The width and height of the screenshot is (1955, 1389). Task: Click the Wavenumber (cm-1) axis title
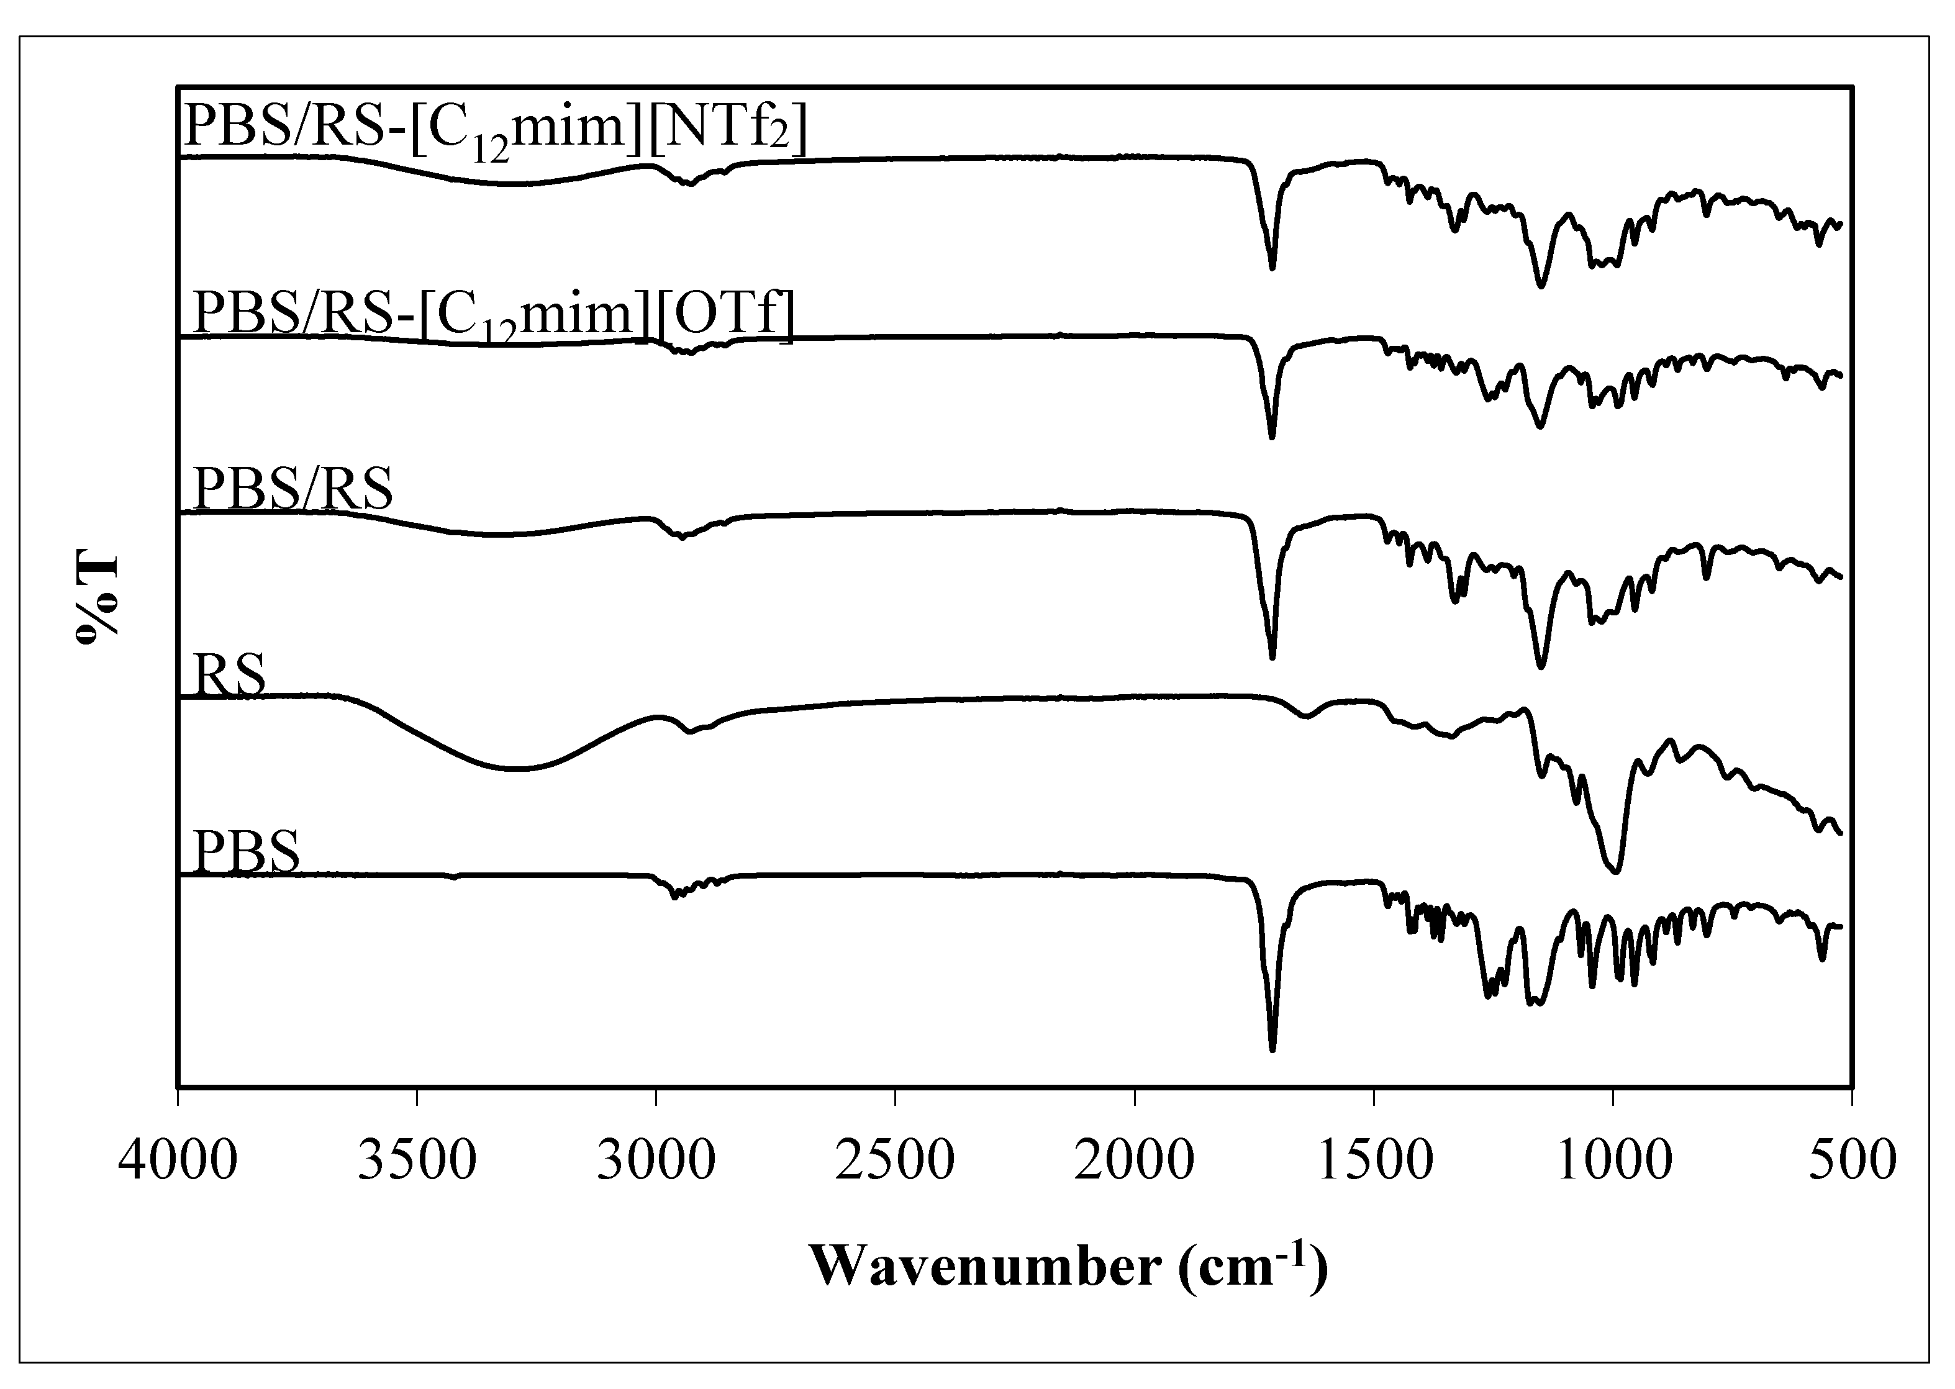click(1068, 1267)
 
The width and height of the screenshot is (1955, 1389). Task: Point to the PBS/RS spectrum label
click(293, 489)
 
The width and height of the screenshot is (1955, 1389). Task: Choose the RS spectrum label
click(229, 676)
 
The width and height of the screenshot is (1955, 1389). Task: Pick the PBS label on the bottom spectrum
click(247, 851)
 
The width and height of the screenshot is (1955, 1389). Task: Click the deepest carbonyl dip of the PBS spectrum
click(1272, 1049)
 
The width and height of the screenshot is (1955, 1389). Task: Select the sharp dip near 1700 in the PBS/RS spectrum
click(1272, 657)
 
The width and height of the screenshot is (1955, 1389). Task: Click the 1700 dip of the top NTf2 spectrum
click(1272, 268)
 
